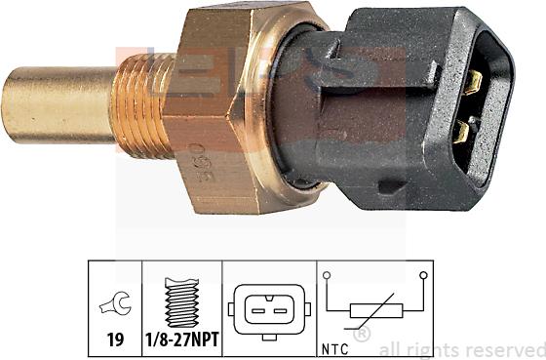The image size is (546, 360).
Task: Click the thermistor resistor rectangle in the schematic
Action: pyautogui.click(x=375, y=313)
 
